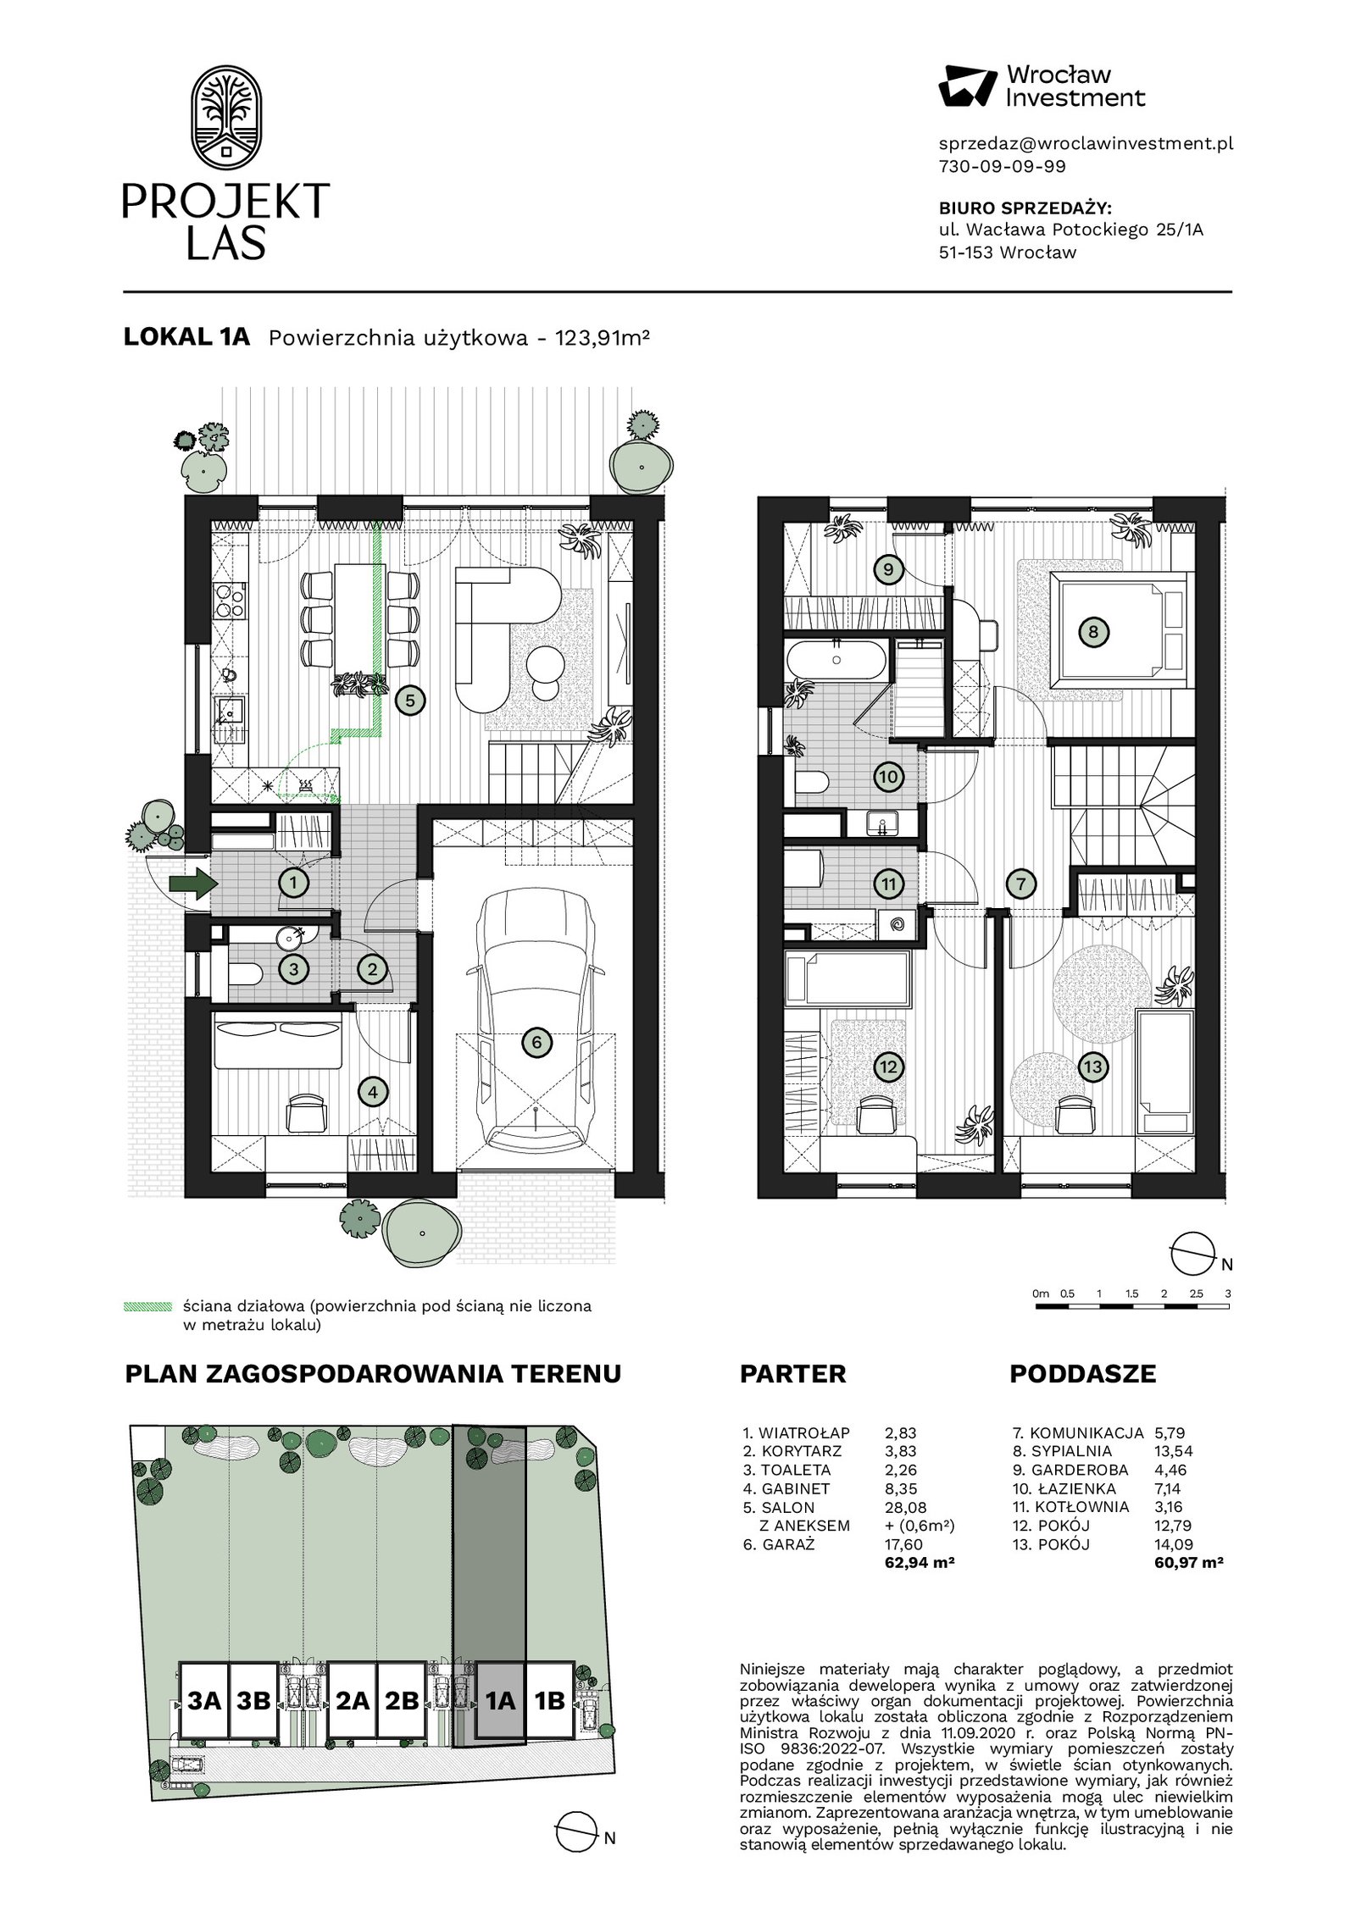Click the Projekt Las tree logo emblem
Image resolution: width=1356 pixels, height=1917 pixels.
click(225, 118)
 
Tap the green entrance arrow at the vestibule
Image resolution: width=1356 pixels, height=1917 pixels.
click(193, 884)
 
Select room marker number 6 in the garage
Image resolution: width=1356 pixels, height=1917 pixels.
click(536, 1043)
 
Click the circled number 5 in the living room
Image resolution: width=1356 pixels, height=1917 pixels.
click(410, 701)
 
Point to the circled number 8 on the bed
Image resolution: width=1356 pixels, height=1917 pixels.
click(1093, 631)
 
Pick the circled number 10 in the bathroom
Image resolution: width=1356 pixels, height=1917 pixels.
click(888, 776)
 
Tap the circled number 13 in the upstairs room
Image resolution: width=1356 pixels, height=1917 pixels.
click(1092, 1067)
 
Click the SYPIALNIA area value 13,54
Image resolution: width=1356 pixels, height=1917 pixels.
click(1174, 1451)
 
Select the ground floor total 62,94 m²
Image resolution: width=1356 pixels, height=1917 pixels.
click(920, 1562)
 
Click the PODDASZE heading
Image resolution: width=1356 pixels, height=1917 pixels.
click(1082, 1374)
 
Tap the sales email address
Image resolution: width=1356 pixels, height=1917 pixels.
click(1086, 144)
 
